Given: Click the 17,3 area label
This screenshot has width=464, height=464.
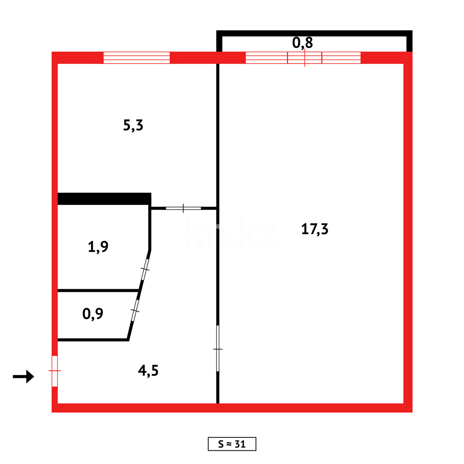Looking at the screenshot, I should click(x=315, y=229).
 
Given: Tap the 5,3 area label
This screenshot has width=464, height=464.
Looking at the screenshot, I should click(x=133, y=125).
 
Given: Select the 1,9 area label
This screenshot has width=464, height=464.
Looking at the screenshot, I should click(x=98, y=247).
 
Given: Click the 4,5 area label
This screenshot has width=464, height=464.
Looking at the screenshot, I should click(x=149, y=370).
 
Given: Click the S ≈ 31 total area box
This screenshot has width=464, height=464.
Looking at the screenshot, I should click(x=232, y=444).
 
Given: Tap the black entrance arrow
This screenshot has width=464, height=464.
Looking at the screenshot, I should click(x=23, y=376).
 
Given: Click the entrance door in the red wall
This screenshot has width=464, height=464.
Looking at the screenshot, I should click(x=55, y=370).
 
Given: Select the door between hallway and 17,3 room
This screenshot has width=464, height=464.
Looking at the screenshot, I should click(x=218, y=349).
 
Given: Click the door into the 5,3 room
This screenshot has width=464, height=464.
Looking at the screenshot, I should click(x=183, y=208).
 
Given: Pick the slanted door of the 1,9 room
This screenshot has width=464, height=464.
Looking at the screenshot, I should click(x=145, y=269).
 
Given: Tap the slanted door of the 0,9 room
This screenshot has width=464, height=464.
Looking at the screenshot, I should click(x=135, y=310).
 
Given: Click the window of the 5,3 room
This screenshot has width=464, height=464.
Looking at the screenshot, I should click(x=137, y=58).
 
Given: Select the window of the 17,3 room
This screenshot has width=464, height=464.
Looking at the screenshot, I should click(x=303, y=58).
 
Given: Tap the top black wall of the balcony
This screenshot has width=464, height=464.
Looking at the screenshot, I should click(x=314, y=33).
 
